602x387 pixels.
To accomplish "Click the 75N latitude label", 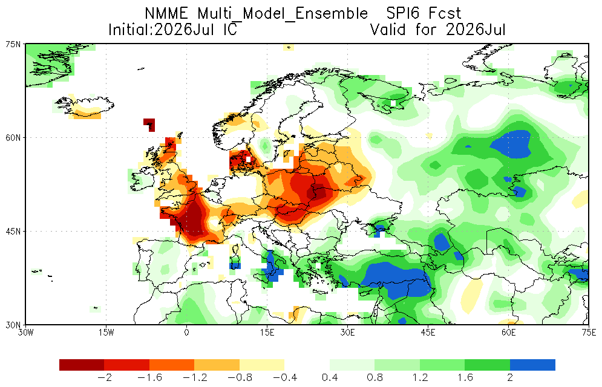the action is (x=13, y=44).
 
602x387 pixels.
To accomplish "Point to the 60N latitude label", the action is (x=13, y=138).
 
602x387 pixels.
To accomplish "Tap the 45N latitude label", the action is (x=13, y=231).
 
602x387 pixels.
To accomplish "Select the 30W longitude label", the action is (x=26, y=332).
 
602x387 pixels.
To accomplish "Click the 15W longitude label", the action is (x=106, y=332).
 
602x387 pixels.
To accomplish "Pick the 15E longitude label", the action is (x=267, y=332).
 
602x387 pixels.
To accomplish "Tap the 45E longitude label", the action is (x=428, y=332).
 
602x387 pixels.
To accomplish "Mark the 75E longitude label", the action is (x=589, y=332).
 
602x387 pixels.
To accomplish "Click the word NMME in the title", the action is (x=166, y=13).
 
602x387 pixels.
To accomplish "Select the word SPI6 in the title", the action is (x=401, y=13).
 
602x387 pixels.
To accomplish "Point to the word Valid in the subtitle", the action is (x=388, y=30).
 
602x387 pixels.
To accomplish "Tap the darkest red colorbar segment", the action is (x=82, y=365).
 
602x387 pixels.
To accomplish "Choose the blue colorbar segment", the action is (x=532, y=365).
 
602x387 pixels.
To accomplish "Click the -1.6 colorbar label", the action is (x=149, y=378).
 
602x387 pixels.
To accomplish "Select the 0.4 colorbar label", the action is (x=330, y=378).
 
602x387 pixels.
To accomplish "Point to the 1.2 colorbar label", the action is (x=420, y=378).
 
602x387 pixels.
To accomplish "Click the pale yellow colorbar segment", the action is (x=262, y=365).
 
